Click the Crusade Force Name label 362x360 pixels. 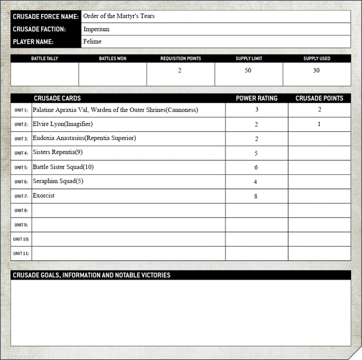point(46,16)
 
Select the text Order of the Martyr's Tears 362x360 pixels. point(119,16)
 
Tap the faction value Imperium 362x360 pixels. point(96,29)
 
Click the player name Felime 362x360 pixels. point(92,41)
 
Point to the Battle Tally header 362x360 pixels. point(44,58)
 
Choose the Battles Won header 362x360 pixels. point(113,58)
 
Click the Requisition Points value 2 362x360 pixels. point(180,71)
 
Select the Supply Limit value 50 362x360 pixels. point(248,71)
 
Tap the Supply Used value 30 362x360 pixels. point(316,71)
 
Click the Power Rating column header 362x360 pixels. point(257,98)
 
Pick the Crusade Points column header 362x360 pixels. point(319,98)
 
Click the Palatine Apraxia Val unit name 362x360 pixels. point(115,110)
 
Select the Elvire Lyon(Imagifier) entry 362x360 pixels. point(62,124)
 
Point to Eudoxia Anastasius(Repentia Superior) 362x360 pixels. point(84,138)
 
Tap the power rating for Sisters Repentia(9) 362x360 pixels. point(256,154)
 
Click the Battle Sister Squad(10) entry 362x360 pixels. point(63,167)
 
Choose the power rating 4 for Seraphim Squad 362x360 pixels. point(256,182)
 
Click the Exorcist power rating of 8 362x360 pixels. point(256,197)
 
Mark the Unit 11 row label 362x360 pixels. point(21,254)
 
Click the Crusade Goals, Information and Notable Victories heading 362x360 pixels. point(91,275)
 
